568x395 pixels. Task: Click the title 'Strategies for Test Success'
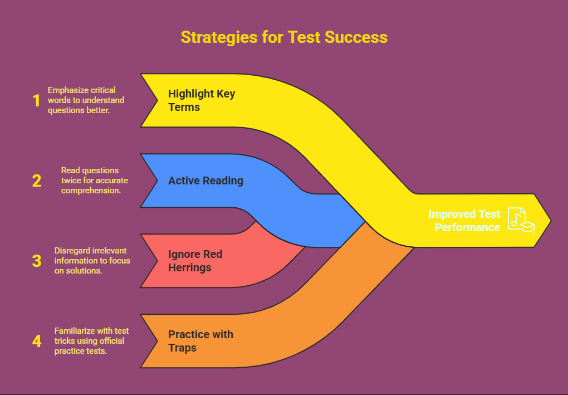[x=284, y=37]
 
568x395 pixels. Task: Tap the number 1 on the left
[x=37, y=101]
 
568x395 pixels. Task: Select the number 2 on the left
[x=37, y=181]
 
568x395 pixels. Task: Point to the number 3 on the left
[x=37, y=261]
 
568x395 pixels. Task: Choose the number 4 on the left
[x=37, y=341]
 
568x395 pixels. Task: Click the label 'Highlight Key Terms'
[x=202, y=100]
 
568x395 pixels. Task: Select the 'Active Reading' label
[x=205, y=181]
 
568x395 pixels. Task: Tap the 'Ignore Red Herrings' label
[x=195, y=261]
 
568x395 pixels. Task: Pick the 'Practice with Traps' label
[x=200, y=341]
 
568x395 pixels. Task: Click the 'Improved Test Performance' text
[x=464, y=221]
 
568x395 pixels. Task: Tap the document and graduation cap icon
[x=520, y=221]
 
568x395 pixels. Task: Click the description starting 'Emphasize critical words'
[x=86, y=100]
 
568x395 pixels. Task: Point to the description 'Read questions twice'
[x=94, y=181]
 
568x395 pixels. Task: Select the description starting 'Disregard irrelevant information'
[x=92, y=261]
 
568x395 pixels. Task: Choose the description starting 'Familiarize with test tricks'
[x=89, y=341]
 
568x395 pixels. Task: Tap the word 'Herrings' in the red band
[x=189, y=267]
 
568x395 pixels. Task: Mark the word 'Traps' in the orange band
[x=182, y=348]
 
